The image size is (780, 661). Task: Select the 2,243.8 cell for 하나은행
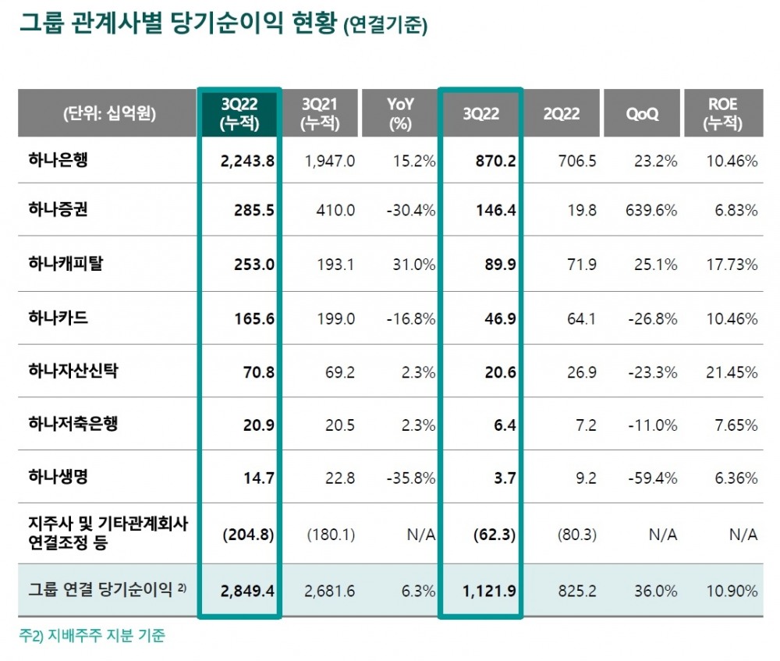tap(249, 161)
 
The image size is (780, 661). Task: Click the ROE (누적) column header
tap(723, 113)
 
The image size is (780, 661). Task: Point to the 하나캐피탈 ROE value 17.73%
tap(732, 265)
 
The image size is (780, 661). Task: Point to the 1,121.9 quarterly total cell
tap(487, 591)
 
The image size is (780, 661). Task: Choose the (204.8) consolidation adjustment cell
tap(249, 535)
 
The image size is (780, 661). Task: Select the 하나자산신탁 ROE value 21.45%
tap(732, 372)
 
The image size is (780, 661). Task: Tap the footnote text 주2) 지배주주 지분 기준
tap(92, 635)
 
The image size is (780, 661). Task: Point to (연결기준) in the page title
tap(385, 26)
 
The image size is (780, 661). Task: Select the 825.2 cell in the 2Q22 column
tap(574, 591)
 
